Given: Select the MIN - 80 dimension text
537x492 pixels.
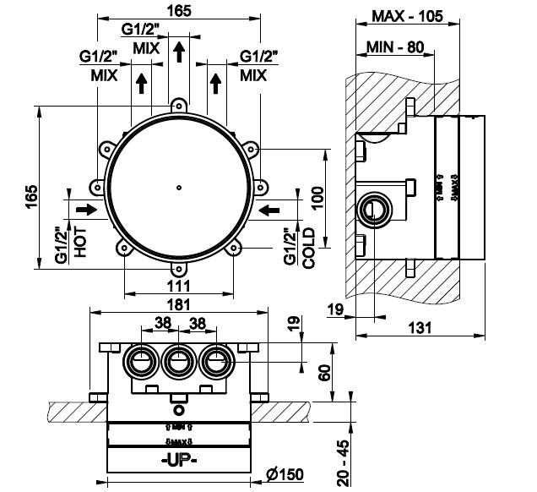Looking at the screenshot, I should tap(394, 47).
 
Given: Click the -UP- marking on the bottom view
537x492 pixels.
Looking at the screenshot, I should tap(179, 461).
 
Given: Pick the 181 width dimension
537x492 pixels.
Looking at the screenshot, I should tap(178, 304).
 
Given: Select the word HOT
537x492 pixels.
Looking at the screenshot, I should tap(81, 241).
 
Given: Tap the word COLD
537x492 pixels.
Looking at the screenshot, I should tap(309, 244).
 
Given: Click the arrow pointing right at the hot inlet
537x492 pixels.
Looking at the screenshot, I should tap(85, 208).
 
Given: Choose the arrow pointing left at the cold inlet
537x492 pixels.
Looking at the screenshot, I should tap(270, 208).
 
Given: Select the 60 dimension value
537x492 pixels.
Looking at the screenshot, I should tap(323, 372).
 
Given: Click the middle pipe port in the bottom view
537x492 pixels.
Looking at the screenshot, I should tap(178, 363).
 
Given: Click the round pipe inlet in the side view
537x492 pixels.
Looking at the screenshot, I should tap(372, 208).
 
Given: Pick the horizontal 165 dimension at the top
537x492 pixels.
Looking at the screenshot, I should tap(178, 11).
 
